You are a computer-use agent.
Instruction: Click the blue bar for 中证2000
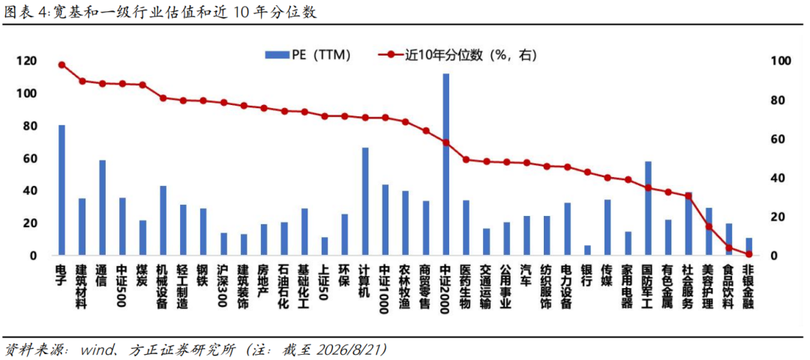(445, 164)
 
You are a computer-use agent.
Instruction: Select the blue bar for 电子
(62, 190)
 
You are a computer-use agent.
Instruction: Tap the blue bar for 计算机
(365, 202)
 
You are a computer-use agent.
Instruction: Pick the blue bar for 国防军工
(648, 208)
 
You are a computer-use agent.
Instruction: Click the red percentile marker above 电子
(62, 65)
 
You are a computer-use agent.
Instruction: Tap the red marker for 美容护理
(709, 226)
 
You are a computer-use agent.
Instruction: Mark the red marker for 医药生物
(466, 160)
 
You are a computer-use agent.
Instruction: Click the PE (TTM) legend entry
(307, 55)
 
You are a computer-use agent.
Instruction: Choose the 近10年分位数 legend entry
(457, 55)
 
